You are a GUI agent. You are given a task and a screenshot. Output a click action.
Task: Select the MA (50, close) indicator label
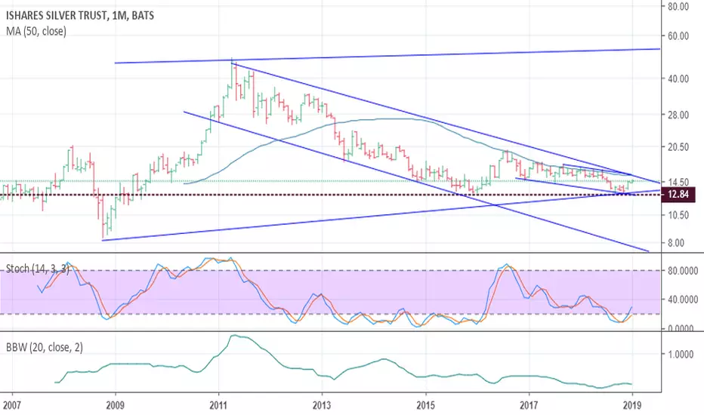36,31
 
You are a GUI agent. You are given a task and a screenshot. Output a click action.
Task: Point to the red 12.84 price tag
678,195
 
